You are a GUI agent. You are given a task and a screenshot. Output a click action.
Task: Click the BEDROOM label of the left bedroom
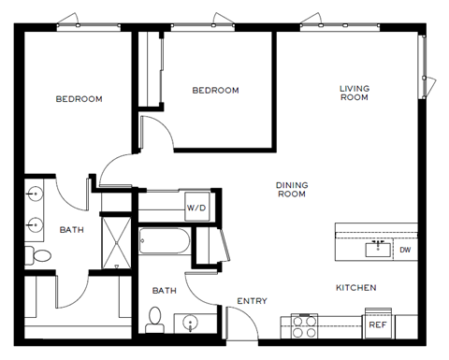point(79,99)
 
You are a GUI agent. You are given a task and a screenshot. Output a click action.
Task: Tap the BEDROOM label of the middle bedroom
point(215,91)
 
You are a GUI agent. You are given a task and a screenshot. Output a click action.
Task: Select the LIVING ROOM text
point(354,93)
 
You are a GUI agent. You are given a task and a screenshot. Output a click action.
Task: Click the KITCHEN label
point(355,287)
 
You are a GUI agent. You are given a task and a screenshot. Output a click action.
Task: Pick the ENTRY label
point(253,301)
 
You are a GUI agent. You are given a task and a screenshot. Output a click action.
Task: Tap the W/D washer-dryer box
point(196,208)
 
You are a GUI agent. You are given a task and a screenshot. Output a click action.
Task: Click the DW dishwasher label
point(405,250)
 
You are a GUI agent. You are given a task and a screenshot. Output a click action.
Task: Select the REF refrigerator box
point(377,324)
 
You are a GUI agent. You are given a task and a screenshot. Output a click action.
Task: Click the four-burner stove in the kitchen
point(305,325)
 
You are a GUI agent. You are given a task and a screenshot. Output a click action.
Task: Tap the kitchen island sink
point(378,248)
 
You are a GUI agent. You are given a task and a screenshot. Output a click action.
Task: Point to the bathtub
point(164,243)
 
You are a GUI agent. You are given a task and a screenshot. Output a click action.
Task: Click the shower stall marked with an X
point(117,241)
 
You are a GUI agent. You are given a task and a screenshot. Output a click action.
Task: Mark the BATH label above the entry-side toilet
point(165,291)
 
